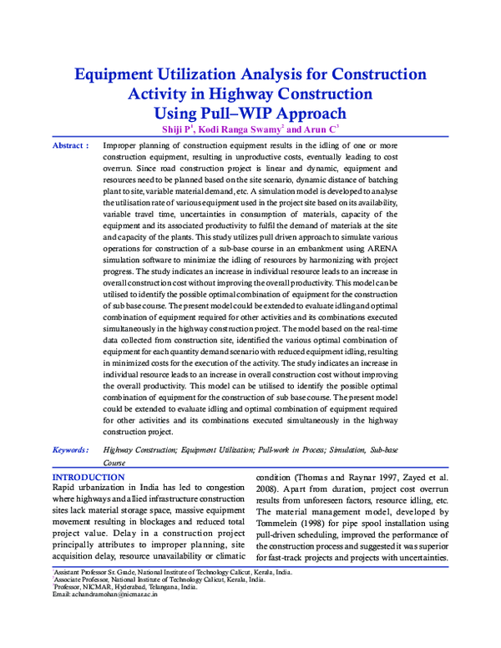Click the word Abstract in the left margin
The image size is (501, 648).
point(68,145)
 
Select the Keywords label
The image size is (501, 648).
point(69,449)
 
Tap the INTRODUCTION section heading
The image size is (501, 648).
point(89,477)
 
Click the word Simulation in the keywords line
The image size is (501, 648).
point(344,449)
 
